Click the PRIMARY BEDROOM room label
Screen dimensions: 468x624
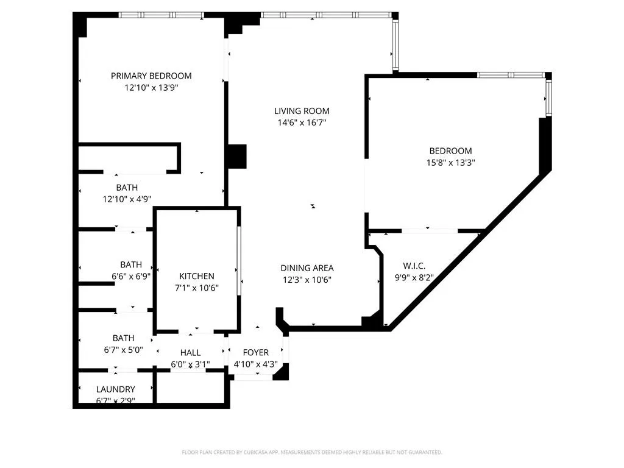point(151,76)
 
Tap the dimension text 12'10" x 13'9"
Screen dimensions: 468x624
point(151,88)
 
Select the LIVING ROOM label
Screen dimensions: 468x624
point(302,111)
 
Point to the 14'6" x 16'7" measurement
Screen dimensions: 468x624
point(302,122)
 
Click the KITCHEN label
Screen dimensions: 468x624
point(196,276)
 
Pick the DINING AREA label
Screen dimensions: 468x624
point(307,268)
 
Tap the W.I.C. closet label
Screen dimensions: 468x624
point(414,266)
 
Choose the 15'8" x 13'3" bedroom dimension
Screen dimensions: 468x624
point(451,163)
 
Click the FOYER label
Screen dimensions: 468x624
point(256,353)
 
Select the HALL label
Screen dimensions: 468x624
point(190,353)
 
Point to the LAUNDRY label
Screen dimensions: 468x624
point(116,389)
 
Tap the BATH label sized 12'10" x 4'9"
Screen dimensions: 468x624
point(127,187)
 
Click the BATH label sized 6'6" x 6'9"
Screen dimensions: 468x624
point(131,264)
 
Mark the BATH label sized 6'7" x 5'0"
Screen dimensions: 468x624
point(123,338)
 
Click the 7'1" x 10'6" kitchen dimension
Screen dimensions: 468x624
point(196,288)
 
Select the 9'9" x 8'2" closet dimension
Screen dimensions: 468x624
point(414,278)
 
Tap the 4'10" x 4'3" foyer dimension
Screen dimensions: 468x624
point(256,364)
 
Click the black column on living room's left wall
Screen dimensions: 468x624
point(235,156)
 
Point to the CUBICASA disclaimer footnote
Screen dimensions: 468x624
point(312,452)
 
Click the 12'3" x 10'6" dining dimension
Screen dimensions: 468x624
point(307,280)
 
